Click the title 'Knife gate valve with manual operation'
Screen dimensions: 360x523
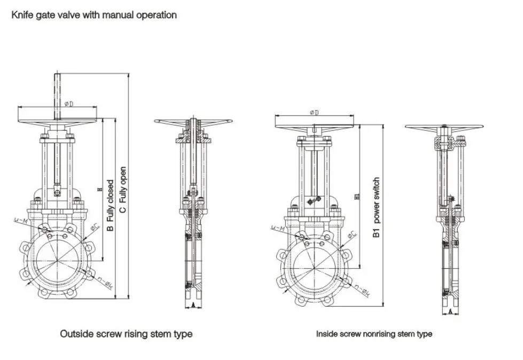click(x=94, y=15)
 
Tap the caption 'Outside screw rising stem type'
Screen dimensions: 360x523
click(x=126, y=334)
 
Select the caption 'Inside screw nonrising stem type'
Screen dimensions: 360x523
click(x=374, y=334)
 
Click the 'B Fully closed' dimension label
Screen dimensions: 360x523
click(x=111, y=205)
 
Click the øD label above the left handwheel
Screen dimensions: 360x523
click(x=69, y=104)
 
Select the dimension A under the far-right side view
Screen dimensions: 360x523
click(x=450, y=310)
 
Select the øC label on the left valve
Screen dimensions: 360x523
click(x=94, y=228)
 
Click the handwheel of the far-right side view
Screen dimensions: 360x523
click(x=444, y=127)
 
